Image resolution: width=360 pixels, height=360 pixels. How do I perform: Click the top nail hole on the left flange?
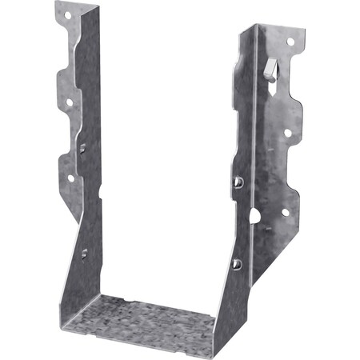point(67,14)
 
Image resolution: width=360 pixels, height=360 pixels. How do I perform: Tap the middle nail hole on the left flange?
point(70,102)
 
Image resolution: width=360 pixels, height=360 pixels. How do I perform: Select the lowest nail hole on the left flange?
point(70,178)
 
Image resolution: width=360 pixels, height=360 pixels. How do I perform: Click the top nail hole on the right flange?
point(290,41)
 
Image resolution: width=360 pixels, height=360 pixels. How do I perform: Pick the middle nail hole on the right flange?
point(287,134)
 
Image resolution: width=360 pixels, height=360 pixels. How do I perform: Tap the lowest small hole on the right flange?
point(285,212)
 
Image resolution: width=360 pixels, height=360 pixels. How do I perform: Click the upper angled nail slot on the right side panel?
point(238,183)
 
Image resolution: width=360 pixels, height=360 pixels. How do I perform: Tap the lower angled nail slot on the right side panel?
point(236,263)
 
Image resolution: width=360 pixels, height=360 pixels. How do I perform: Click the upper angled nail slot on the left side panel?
point(82,147)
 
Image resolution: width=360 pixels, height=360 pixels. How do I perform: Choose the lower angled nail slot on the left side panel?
point(84,254)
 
